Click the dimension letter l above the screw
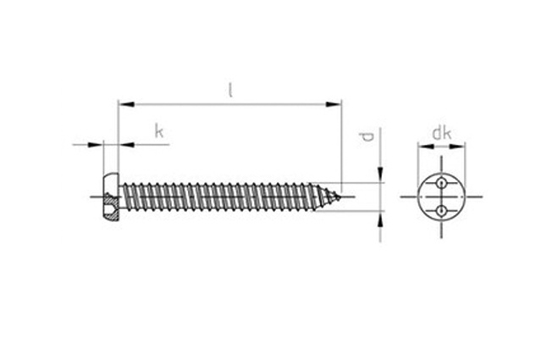231,90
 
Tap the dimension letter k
158,131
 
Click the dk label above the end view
442,133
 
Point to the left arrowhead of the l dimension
126,104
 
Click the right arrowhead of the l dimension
334,104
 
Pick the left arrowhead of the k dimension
96,145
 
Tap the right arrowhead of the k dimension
126,145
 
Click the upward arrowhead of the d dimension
380,219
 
